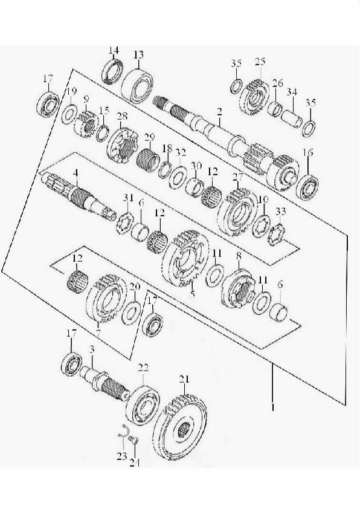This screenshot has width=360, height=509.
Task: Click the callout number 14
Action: [x=114, y=50]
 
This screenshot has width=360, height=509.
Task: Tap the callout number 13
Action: [x=138, y=55]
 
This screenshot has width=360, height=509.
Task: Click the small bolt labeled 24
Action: [x=133, y=440]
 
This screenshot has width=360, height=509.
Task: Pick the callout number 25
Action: [x=260, y=61]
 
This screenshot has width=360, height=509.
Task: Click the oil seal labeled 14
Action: [x=112, y=71]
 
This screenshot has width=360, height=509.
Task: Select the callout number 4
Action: [x=76, y=173]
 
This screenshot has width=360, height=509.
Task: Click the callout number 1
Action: [x=273, y=407]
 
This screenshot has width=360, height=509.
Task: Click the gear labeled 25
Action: [x=255, y=96]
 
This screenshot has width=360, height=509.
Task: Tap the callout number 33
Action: [x=281, y=212]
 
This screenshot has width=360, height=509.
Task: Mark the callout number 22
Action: [x=143, y=368]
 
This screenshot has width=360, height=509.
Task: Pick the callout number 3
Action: [x=92, y=350]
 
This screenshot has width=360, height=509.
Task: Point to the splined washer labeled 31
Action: [x=125, y=222]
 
